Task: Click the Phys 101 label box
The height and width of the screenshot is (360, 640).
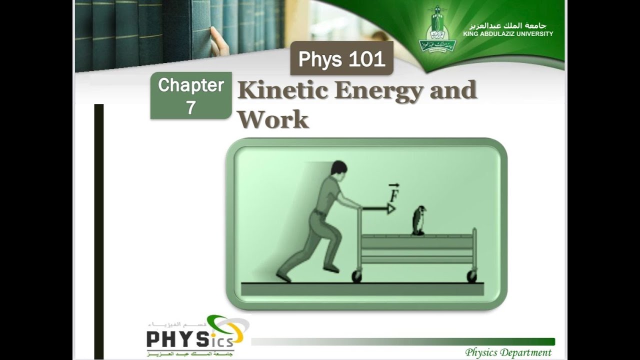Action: pos(341,59)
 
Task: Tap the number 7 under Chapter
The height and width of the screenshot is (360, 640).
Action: pos(191,107)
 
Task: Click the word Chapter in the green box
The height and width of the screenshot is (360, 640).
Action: pos(191,85)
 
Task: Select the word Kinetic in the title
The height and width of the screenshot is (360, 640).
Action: pos(281,91)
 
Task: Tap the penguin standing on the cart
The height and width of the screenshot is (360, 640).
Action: pos(418,220)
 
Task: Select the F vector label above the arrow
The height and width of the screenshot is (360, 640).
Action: pos(393,192)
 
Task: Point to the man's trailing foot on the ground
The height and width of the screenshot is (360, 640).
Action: pos(283,276)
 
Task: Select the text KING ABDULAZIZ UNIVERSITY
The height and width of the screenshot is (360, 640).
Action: pos(508,34)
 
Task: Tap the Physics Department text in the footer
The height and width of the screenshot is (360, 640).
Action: pos(508,352)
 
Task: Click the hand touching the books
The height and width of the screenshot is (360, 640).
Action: pos(218,41)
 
